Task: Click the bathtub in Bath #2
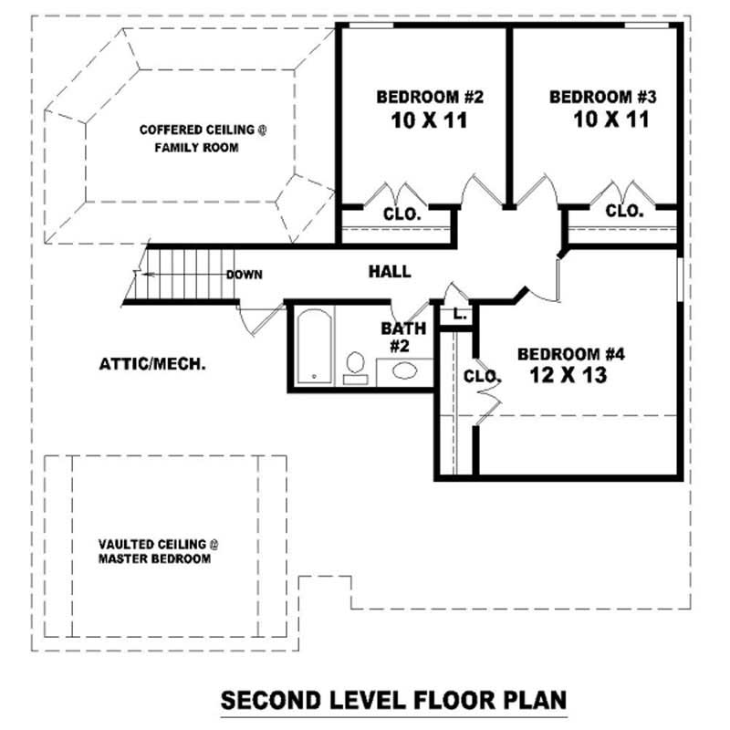point(315,347)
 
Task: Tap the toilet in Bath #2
point(355,368)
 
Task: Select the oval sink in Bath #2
point(404,371)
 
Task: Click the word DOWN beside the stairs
point(244,275)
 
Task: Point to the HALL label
point(390,271)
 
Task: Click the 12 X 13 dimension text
point(568,375)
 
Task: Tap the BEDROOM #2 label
point(430,97)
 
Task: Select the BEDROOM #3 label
point(603,97)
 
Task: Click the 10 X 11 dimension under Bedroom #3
point(610,120)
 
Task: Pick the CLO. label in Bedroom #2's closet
point(401,214)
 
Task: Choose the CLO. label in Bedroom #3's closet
point(624,211)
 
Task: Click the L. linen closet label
point(460,314)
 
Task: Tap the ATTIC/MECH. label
point(152,363)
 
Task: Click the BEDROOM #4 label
point(571,354)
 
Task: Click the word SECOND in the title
point(271,700)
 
